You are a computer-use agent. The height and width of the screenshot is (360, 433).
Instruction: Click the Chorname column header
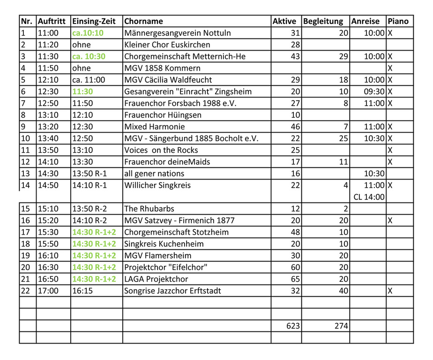point(143,21)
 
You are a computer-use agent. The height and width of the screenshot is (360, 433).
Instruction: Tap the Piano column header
point(398,21)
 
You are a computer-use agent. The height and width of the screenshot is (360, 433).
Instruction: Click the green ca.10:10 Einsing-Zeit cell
point(88,33)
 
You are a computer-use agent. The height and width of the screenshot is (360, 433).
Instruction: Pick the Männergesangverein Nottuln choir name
point(178,33)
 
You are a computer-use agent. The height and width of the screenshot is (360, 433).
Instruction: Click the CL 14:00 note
point(369,197)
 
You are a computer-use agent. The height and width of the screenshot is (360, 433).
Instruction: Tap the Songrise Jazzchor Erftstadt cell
point(172,291)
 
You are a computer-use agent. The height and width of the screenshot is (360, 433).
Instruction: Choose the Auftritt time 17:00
point(48,291)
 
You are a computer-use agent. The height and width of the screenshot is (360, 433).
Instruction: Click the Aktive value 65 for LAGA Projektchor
point(293,279)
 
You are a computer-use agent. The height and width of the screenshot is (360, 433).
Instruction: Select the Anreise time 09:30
point(374,91)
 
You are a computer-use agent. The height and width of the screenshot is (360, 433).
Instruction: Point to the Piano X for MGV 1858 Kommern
point(390,68)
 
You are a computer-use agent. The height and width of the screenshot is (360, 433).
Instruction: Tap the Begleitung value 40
point(343,291)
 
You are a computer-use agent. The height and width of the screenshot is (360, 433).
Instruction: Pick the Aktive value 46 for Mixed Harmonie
point(293,127)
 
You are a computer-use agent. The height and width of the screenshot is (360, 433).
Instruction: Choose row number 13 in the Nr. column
point(25,173)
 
